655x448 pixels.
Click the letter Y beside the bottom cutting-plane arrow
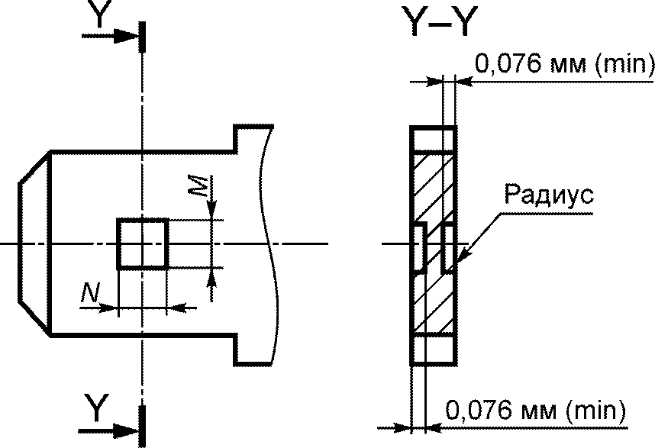coord(97,407)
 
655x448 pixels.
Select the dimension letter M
coord(198,185)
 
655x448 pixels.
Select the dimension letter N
coord(90,292)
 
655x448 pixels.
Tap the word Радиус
coord(548,195)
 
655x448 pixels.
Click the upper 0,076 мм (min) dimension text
coord(564,64)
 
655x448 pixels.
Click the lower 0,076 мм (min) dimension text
coord(536,410)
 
